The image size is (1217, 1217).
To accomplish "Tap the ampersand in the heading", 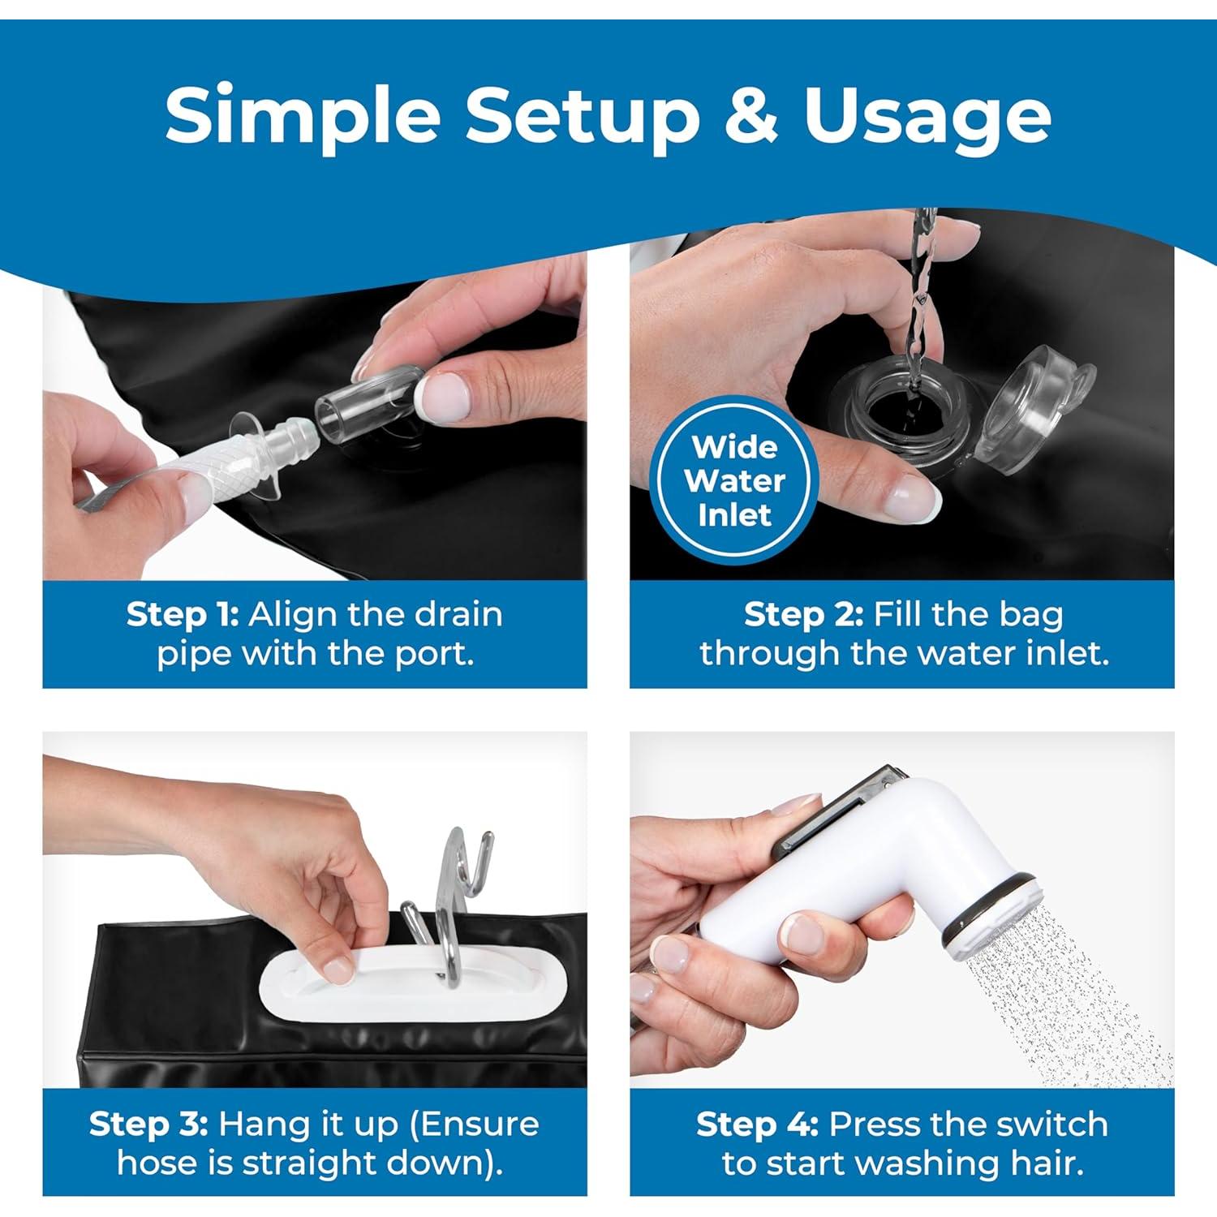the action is pos(750,114).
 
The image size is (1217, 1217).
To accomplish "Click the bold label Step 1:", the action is pos(183,615).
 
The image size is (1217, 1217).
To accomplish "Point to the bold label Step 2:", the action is pos(803,615).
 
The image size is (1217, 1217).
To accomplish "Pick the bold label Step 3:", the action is pos(148,1125).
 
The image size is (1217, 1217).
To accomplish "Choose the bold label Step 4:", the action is pos(757,1125).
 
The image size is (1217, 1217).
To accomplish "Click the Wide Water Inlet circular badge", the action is pos(735,481).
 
